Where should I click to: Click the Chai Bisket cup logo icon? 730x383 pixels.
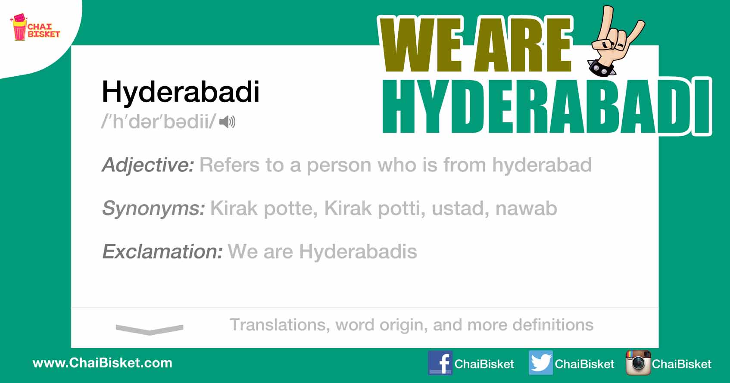coord(19,27)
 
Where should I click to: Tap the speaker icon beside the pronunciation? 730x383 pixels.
coord(227,122)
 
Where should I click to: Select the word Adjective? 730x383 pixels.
coord(148,165)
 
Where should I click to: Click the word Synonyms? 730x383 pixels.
coord(153,209)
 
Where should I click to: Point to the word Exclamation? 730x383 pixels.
coord(162,252)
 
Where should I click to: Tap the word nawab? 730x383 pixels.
coord(526,209)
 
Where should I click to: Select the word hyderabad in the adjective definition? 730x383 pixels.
coord(542,165)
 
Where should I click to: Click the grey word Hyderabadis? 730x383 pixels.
coord(358,252)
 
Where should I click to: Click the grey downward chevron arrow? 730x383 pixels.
coord(150,329)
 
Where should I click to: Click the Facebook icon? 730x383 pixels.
coord(440,363)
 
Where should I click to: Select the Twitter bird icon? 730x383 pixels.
coord(541,363)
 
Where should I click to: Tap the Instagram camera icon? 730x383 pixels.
coord(638,363)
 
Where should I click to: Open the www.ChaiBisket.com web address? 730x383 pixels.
coord(102,363)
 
